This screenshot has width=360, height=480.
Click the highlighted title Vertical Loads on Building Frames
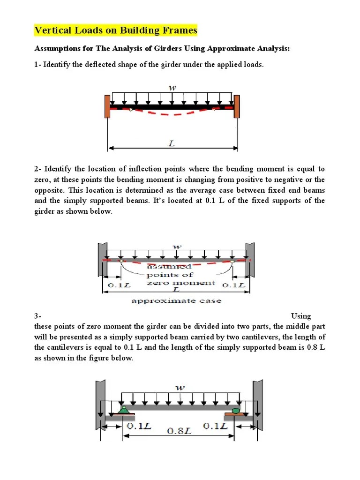116,31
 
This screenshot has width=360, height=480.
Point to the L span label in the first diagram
172,144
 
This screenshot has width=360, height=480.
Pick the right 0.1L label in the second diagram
233,285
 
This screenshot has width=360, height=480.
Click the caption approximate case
176,300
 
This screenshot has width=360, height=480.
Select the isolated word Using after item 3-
301,316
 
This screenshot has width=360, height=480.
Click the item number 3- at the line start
38,316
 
